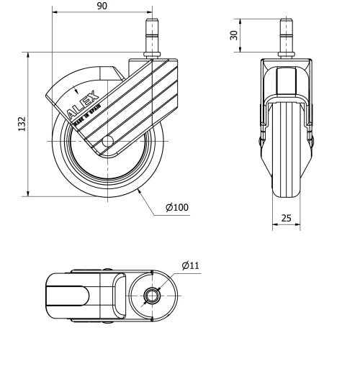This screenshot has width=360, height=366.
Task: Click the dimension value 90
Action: tap(102, 6)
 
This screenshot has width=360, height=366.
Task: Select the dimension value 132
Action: tap(22, 123)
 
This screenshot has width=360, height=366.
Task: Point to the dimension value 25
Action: tap(287, 218)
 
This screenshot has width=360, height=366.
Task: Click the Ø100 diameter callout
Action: tap(176, 208)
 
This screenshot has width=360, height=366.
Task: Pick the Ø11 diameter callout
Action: tap(191, 266)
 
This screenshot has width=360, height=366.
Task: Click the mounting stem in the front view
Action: tap(287, 40)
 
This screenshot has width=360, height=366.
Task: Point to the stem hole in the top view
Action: tap(153, 295)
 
